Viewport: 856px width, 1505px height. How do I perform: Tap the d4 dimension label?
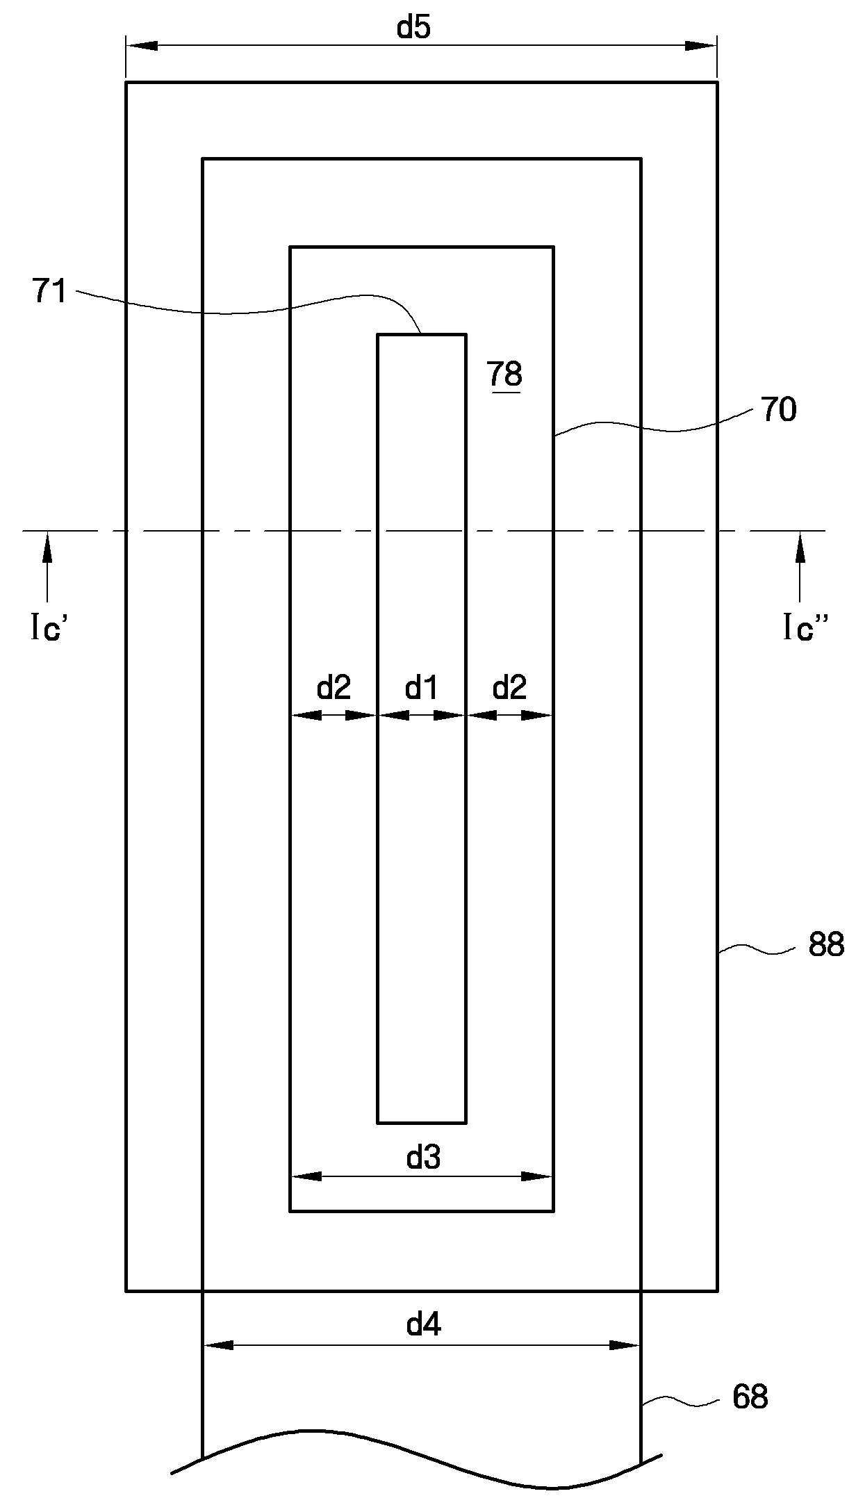(x=423, y=1324)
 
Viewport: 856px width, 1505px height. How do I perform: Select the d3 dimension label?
(x=423, y=1158)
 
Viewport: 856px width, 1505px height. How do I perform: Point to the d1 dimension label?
(x=422, y=688)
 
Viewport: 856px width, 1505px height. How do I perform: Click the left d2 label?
(x=334, y=688)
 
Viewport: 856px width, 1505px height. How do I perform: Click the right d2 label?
(x=509, y=688)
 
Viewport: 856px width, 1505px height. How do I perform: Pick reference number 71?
(x=49, y=290)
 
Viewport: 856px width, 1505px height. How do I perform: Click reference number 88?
(x=825, y=945)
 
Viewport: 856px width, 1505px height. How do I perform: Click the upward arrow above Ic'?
(x=47, y=549)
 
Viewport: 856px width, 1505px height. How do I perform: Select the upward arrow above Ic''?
(x=800, y=549)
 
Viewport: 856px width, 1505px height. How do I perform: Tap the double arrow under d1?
(x=422, y=715)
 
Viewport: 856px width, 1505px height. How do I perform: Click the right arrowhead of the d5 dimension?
(x=702, y=46)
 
